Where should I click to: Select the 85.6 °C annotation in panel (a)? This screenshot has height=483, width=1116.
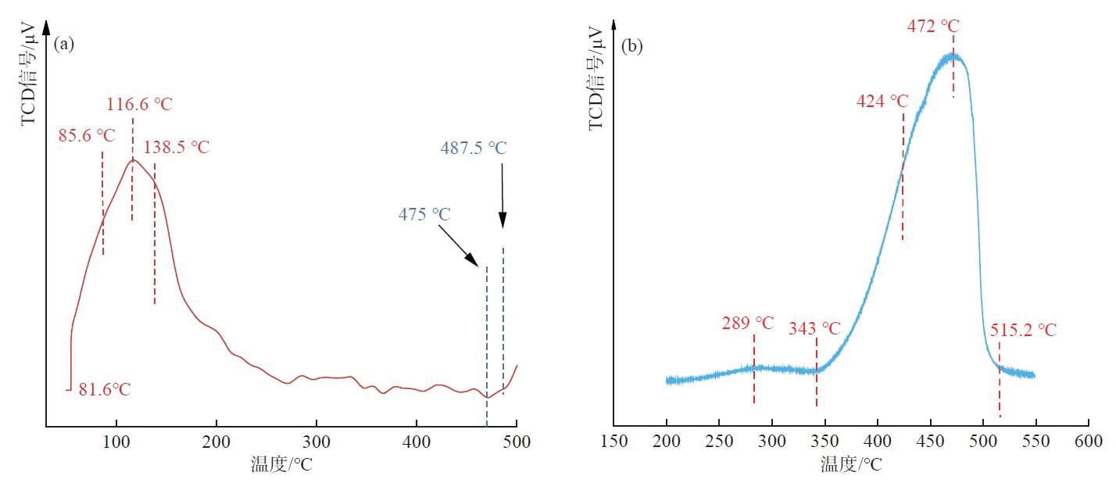87,135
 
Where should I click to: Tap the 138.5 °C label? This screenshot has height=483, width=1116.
177,147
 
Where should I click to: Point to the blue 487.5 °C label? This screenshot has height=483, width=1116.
473,148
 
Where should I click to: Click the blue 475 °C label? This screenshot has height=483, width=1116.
425,214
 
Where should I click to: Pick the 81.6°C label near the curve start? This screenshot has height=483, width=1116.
105,389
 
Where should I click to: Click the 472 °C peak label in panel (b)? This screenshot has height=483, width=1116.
932,26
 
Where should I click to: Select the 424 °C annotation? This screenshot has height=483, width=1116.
882,102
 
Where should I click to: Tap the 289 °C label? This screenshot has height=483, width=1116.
748,323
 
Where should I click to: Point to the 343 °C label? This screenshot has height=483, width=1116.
814,328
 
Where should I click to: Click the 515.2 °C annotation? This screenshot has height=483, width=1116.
1022,330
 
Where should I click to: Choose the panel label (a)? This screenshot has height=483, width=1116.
64,44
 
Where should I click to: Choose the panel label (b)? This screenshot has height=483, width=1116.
631,46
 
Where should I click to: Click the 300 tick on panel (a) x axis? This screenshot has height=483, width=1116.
316,442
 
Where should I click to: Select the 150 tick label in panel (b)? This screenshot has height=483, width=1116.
613,442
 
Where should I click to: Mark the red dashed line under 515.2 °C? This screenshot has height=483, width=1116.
1000,391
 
